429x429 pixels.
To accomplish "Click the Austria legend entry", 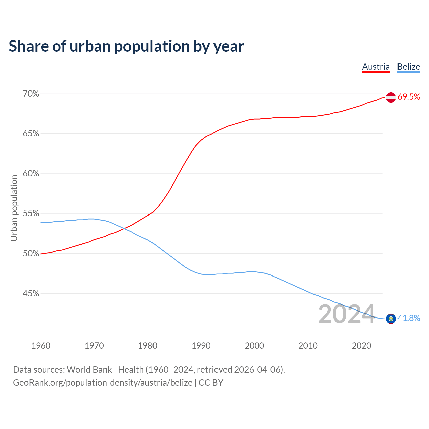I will [x=376, y=67].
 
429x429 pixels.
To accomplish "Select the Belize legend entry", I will [x=408, y=67].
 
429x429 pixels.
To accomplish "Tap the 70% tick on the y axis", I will [x=31, y=94].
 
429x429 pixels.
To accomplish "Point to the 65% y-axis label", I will [x=31, y=134].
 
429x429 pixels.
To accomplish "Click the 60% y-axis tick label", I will [x=31, y=174].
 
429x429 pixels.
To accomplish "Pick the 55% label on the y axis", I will [x=31, y=213].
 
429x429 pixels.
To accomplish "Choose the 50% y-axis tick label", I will [x=31, y=254].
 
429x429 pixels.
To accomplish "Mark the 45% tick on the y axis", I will [x=31, y=294].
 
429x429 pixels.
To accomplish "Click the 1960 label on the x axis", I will [x=41, y=346].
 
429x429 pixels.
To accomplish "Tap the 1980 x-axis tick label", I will [x=147, y=346].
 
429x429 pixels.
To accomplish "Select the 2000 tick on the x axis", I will [x=254, y=346].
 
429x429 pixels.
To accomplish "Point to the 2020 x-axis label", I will [x=361, y=346].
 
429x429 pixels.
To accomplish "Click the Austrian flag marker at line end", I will [x=391, y=97].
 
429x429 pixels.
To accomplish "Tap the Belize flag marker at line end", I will [x=391, y=319].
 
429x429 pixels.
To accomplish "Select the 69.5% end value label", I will [x=409, y=97].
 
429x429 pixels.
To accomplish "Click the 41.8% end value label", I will [x=409, y=318].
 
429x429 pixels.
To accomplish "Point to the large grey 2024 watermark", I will [x=346, y=314].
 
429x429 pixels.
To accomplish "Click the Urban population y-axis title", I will [x=14, y=208].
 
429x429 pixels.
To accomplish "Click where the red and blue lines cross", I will [x=124, y=229].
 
